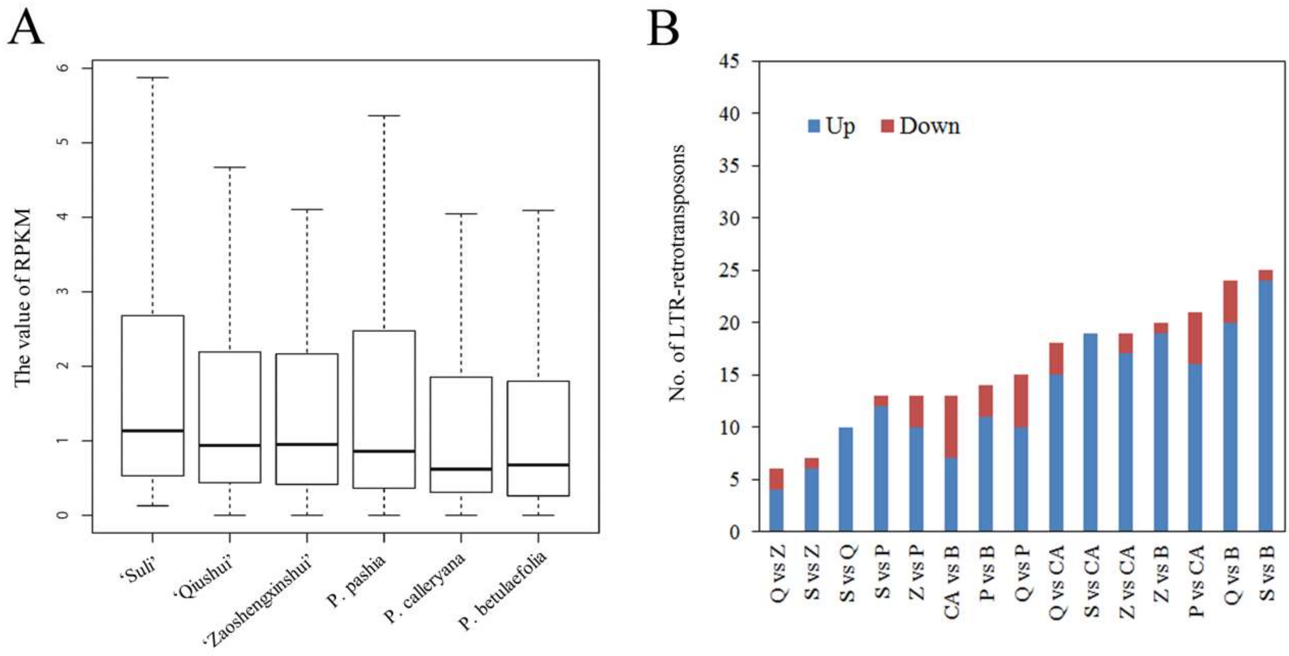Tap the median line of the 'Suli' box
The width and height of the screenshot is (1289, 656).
coord(153,430)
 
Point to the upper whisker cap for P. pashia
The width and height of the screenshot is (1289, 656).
coord(384,116)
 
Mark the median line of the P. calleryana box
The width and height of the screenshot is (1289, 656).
coord(461,469)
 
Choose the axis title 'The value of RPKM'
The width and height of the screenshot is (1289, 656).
coord(22,298)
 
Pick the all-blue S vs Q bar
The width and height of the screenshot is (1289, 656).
coord(845,479)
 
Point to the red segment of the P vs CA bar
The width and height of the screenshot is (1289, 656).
coord(1195,338)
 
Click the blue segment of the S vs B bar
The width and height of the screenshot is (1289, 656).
coord(1265,406)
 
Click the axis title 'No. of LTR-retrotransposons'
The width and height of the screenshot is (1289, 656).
coord(677,273)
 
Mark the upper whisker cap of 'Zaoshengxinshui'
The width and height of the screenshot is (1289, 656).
coord(307,209)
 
